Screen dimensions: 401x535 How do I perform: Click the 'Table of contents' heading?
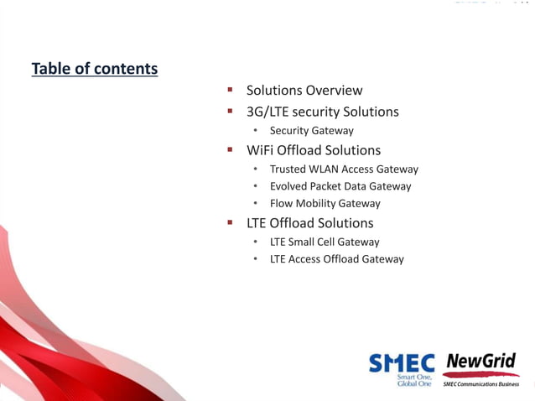tap(94, 69)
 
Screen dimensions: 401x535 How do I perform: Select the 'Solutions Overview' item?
tap(304, 90)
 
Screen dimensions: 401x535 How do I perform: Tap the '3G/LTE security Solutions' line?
tap(322, 112)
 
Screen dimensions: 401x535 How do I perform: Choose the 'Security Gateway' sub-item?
tap(311, 131)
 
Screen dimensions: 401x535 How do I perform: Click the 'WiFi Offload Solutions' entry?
tap(313, 150)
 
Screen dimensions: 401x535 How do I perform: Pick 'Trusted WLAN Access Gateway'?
tap(343, 169)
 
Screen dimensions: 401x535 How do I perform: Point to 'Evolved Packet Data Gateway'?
tap(340, 186)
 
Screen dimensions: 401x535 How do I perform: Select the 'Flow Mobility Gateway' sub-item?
tap(325, 204)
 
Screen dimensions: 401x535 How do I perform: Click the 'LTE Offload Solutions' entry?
tap(309, 223)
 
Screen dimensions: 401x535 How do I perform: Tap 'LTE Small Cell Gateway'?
tap(324, 242)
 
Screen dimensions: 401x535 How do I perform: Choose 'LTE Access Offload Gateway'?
tap(336, 259)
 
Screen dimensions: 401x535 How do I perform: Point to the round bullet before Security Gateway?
tap(257, 132)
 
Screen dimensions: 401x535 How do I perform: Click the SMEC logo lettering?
tap(402, 362)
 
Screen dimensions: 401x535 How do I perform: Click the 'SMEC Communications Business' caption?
tap(480, 384)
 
